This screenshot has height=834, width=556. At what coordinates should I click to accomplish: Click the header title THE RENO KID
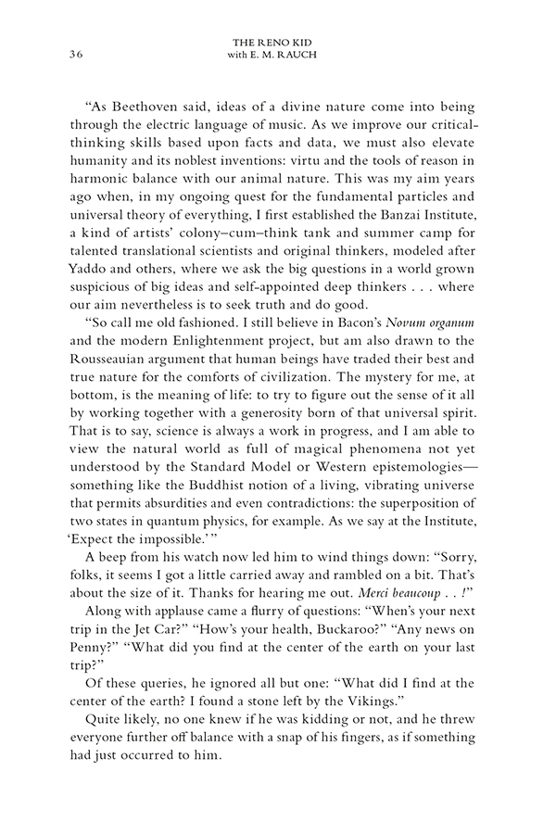(x=278, y=42)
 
